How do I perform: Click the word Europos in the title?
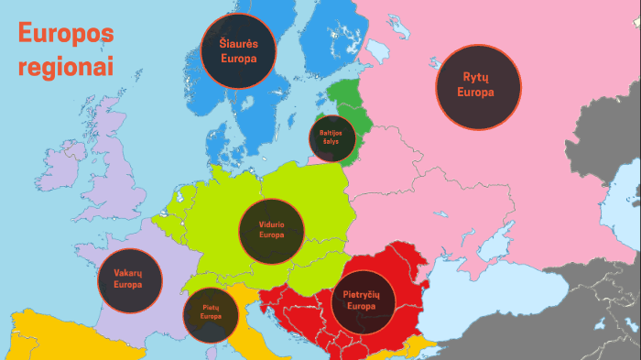(66, 35)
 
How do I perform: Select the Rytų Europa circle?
(477, 86)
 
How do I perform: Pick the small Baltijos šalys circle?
(331, 138)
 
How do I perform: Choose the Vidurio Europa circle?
(272, 229)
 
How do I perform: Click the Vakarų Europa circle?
(129, 279)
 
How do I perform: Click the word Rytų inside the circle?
(477, 78)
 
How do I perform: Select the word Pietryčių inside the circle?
(363, 294)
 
